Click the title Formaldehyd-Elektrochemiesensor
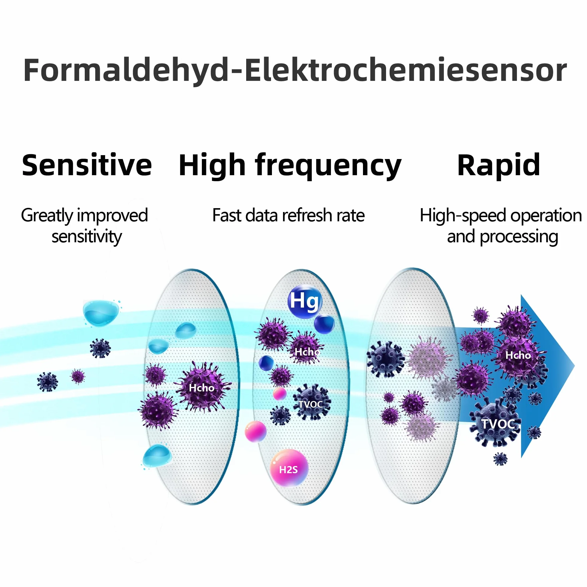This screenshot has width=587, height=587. (295, 70)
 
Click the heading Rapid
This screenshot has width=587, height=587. (499, 166)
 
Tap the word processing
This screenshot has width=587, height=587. (519, 237)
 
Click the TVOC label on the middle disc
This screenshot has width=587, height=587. (310, 404)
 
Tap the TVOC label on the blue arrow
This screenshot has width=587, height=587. (498, 424)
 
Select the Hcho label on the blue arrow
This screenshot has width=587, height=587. (518, 355)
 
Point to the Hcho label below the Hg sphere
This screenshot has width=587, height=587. (307, 352)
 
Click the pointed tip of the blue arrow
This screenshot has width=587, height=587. (574, 366)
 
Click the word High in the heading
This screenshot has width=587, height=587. (212, 166)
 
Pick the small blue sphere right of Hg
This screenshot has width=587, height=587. (324, 324)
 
